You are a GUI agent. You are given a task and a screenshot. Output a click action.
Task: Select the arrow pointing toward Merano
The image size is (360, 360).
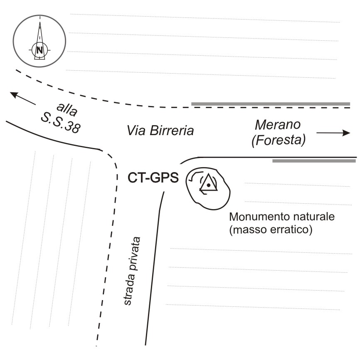point(333,133)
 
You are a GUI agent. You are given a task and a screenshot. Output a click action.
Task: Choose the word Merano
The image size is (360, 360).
point(278,125)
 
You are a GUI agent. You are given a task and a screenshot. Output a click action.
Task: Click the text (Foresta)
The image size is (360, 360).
point(278,141)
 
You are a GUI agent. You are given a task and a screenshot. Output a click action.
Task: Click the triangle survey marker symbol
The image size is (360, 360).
point(208,183)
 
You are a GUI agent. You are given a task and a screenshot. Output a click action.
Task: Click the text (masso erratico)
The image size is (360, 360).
point(270,229)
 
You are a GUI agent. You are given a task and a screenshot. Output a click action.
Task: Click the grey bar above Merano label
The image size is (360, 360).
point(270,104)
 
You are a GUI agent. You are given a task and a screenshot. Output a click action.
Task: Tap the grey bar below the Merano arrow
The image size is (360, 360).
point(314,160)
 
